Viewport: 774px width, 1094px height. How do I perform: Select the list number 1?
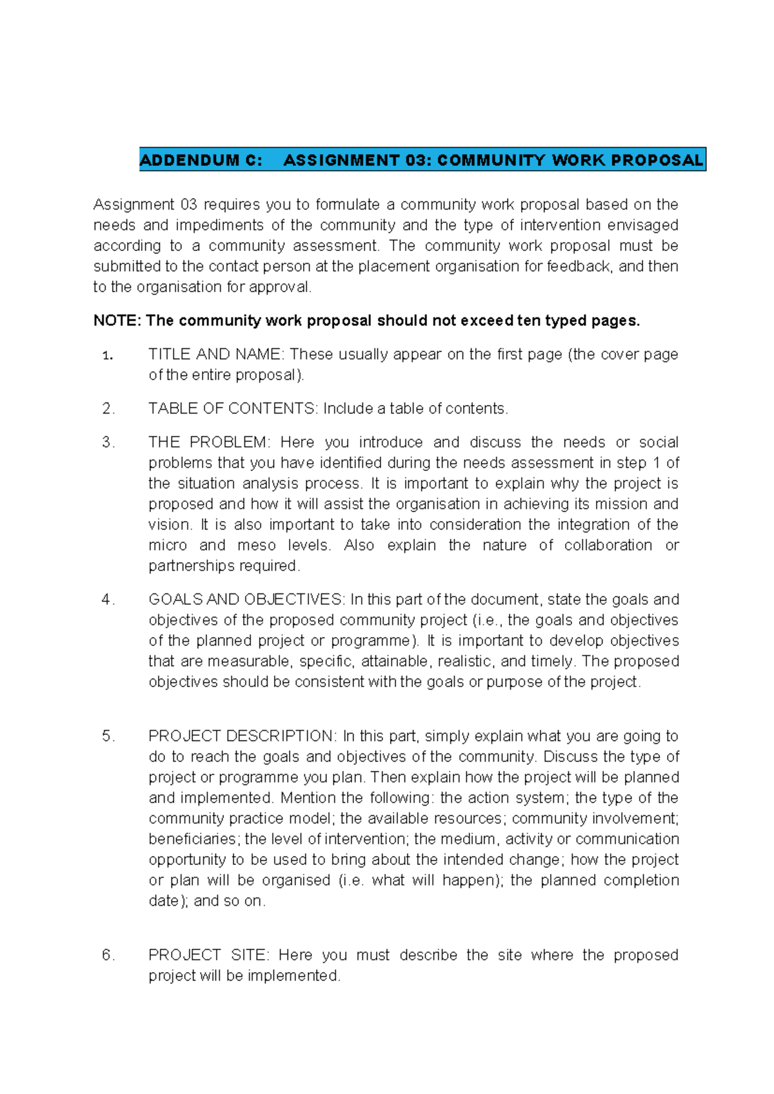(x=107, y=355)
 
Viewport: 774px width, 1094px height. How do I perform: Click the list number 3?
(x=107, y=443)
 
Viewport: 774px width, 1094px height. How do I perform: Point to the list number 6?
(x=107, y=955)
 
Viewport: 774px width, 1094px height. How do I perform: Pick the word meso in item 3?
(x=256, y=546)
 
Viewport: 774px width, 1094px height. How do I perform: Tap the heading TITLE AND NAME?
(x=215, y=355)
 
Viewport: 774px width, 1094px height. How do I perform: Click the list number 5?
(x=107, y=737)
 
